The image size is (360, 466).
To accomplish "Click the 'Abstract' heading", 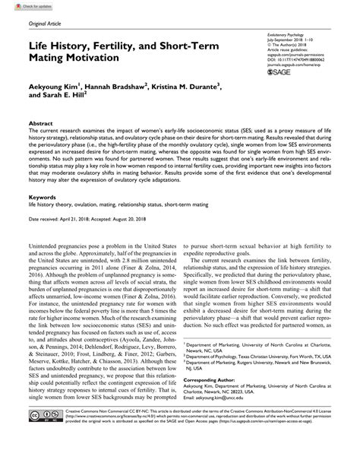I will click(40, 122).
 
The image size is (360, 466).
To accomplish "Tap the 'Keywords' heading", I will click(43, 197).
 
